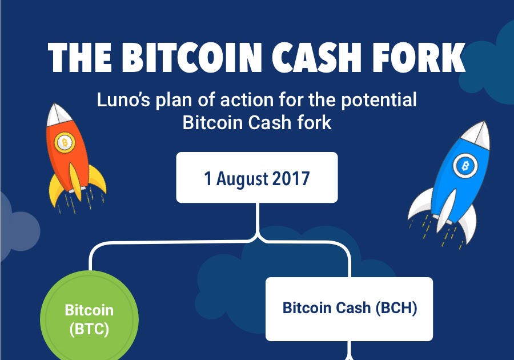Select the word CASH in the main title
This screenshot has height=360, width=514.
tap(316, 57)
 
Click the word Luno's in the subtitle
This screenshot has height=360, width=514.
tap(123, 99)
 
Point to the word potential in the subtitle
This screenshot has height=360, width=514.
tap(379, 101)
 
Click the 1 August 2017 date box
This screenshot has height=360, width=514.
tap(257, 177)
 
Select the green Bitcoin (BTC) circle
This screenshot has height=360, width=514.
tap(89, 318)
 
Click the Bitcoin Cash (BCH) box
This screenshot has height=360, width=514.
tap(349, 309)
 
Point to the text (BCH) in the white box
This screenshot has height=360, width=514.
tap(396, 308)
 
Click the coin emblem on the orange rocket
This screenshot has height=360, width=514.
tap(65, 143)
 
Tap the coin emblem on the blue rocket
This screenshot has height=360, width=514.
tap(465, 166)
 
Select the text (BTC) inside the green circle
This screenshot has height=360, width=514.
tap(89, 329)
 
